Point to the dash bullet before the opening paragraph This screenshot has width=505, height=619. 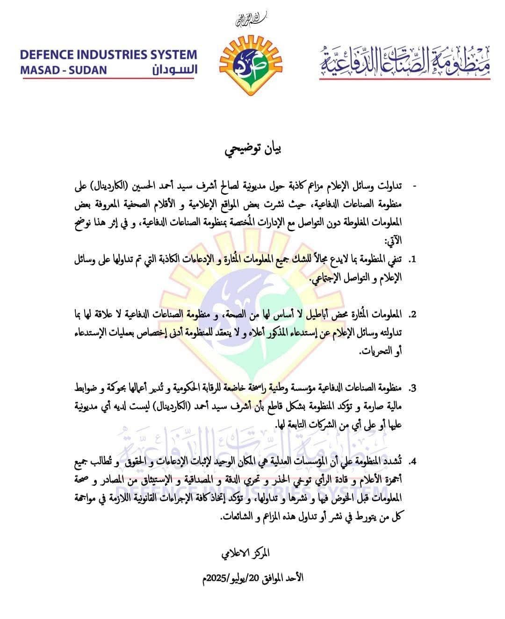pyautogui.click(x=414, y=185)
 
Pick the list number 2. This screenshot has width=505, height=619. pyautogui.click(x=412, y=314)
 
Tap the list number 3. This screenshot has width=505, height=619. pyautogui.click(x=412, y=388)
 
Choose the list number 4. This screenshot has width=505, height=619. pyautogui.click(x=412, y=462)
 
